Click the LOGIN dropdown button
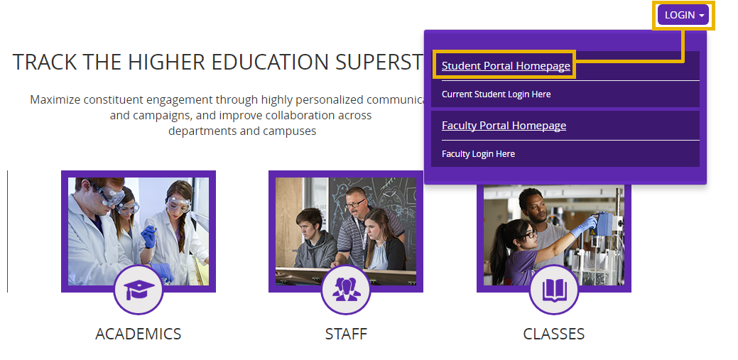pos(683,15)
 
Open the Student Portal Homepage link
pos(506,66)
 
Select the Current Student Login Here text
pos(496,94)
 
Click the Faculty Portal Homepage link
pos(504,126)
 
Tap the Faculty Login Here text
pos(478,154)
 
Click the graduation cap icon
pos(139,290)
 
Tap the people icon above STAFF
pos(346,290)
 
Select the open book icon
pos(554,290)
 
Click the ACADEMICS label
pos(139,334)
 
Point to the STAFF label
pos(346,334)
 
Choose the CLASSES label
pos(554,334)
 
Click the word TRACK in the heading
pos(42,62)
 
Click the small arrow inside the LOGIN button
pos(702,16)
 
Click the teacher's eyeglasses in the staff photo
pos(354,203)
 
